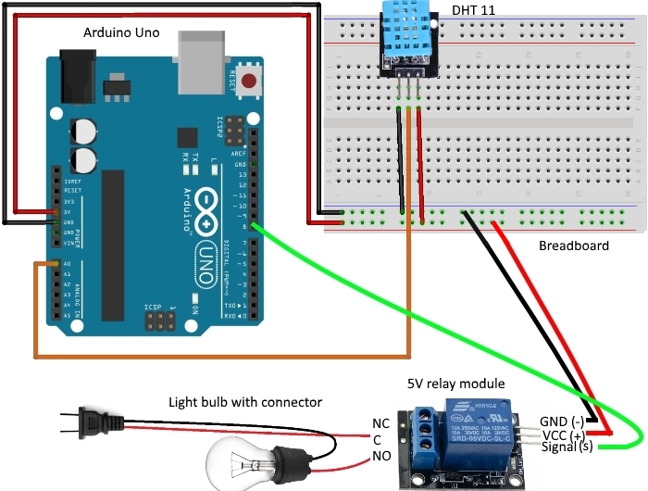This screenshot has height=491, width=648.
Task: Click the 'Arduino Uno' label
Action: point(121,32)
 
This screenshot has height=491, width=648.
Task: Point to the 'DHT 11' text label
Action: point(473,10)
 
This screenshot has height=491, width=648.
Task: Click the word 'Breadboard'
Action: point(573,245)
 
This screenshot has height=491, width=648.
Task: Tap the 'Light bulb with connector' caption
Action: point(245,402)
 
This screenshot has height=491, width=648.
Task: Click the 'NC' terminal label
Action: point(381,423)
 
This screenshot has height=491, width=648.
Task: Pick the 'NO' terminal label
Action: point(381,457)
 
